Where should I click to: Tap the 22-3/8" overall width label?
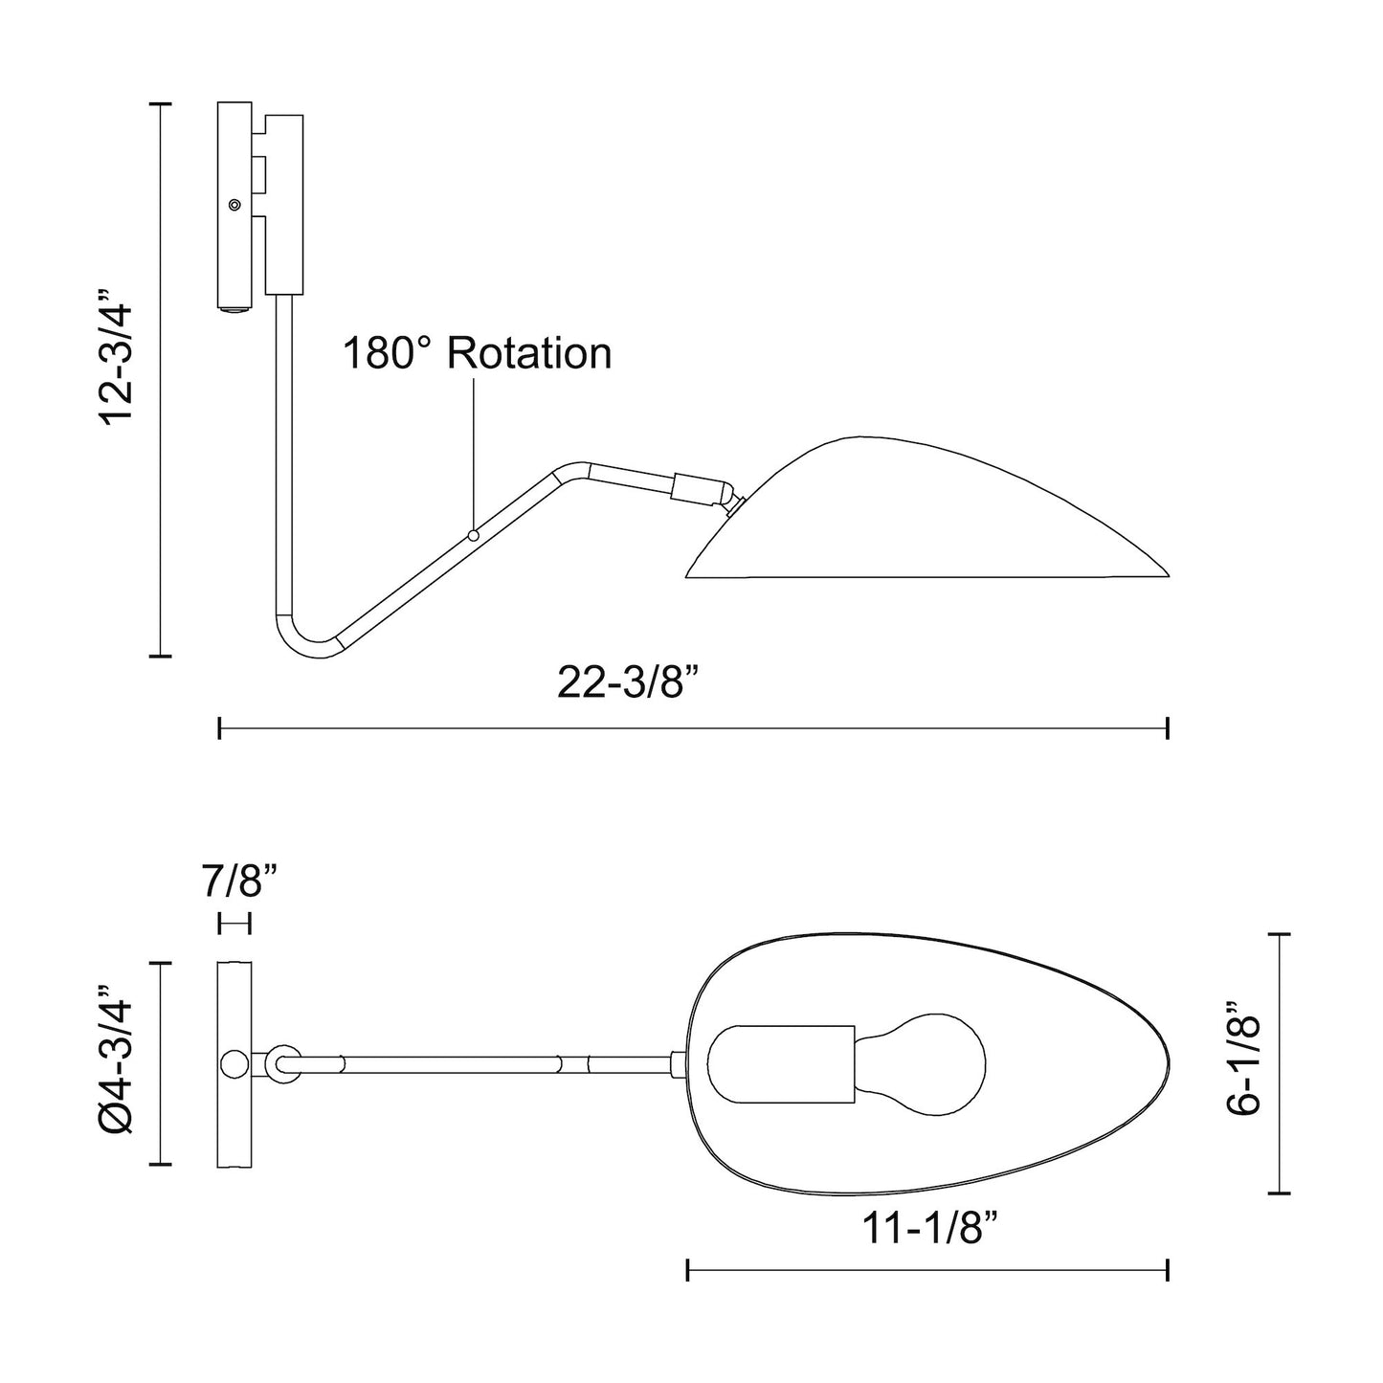pyautogui.click(x=632, y=684)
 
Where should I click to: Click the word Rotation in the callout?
pyautogui.click(x=529, y=353)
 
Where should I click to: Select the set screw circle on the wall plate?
pyautogui.click(x=234, y=204)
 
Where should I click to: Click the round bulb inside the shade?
pyautogui.click(x=938, y=1063)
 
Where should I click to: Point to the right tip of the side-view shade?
pyautogui.click(x=1167, y=575)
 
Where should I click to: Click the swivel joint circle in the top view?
pyautogui.click(x=281, y=1063)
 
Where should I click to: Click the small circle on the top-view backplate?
pyautogui.click(x=234, y=1063)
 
